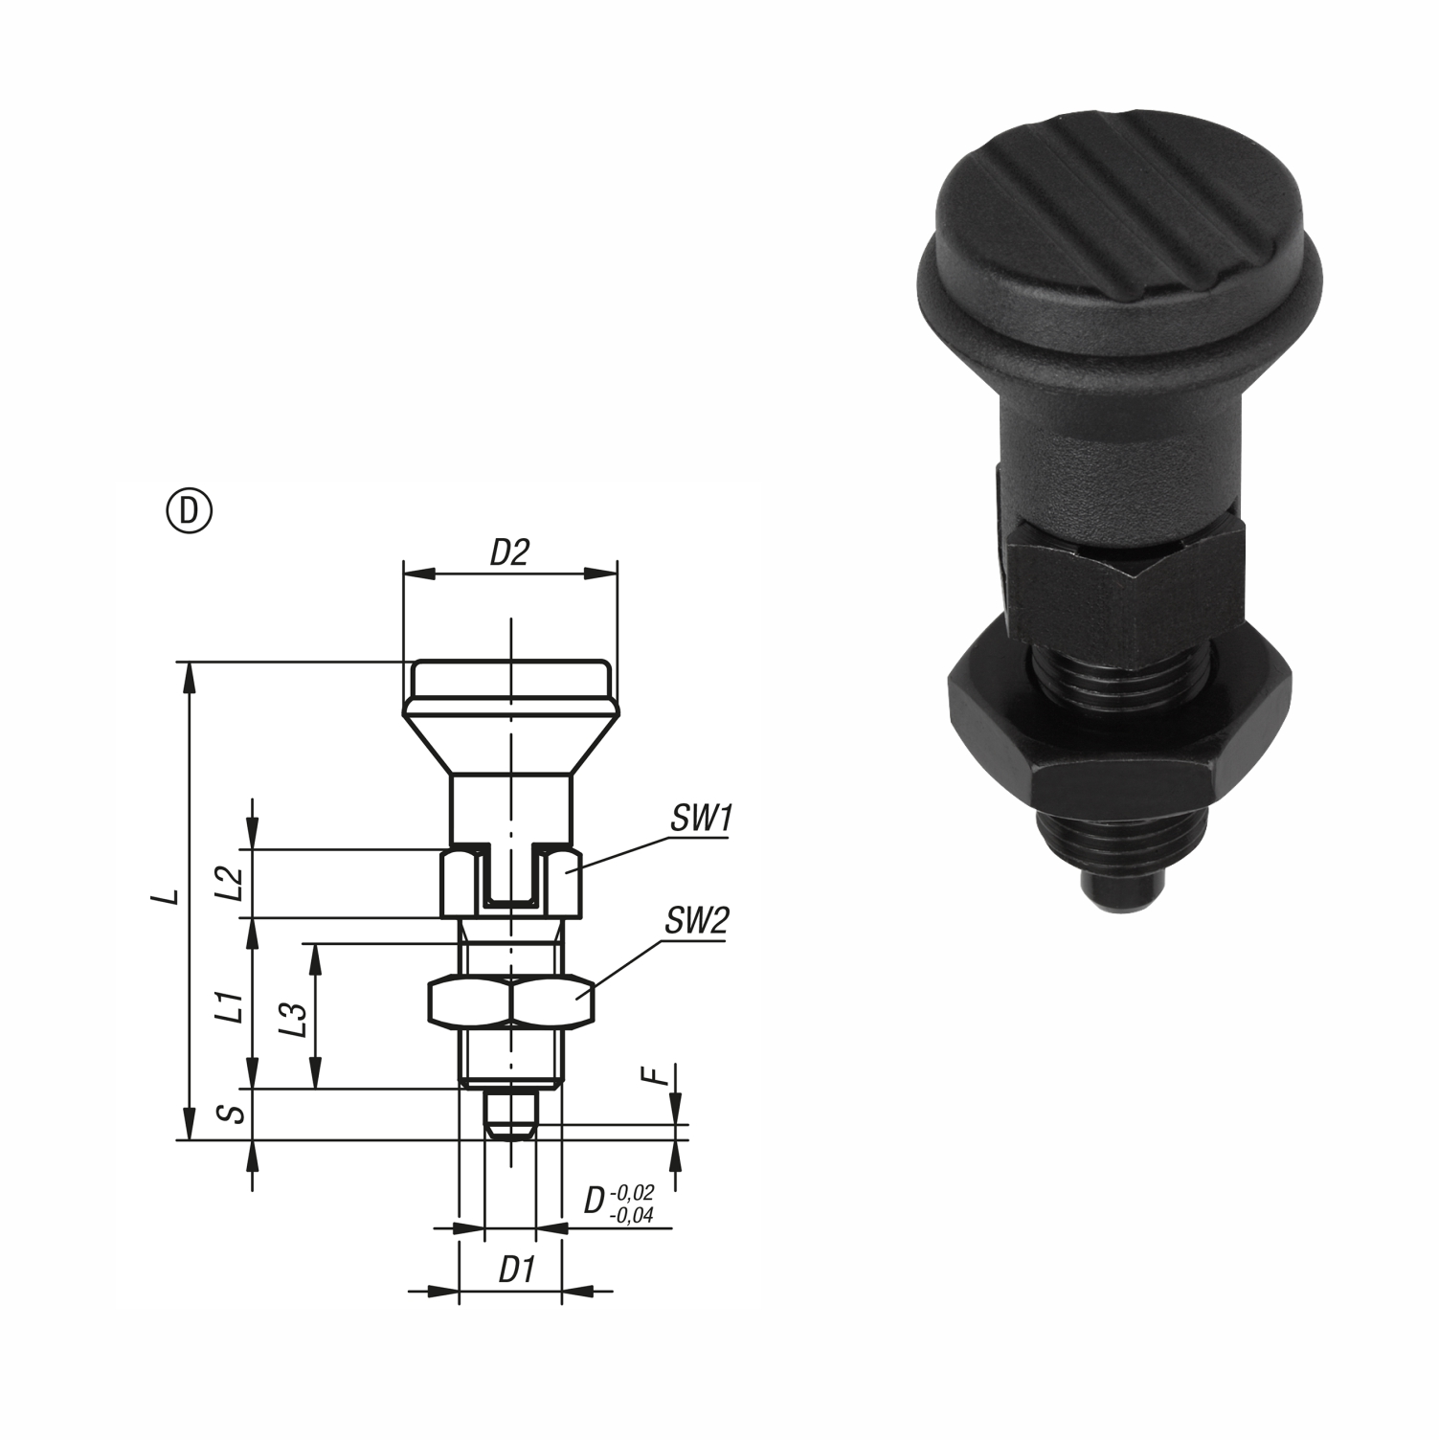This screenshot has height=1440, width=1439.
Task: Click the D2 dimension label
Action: tap(509, 552)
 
